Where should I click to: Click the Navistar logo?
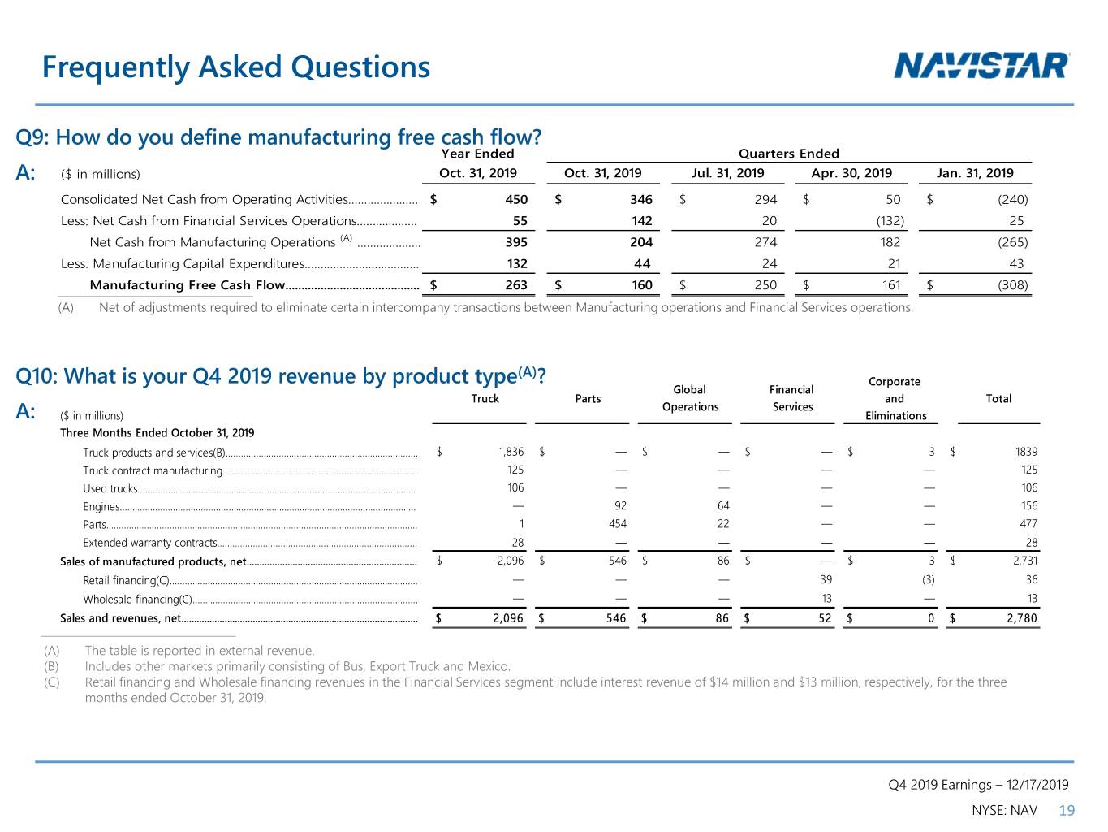coord(981,66)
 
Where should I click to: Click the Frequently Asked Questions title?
coord(235,67)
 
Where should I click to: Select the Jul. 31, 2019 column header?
coord(727,173)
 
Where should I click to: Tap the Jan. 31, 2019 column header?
coord(975,173)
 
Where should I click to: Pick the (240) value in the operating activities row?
coord(1012,200)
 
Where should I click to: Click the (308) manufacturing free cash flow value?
coord(1012,285)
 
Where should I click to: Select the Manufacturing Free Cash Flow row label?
coord(188,285)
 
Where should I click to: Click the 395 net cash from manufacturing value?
coord(516,242)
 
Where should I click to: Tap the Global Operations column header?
coord(690,398)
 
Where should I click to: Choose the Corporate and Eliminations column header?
coord(895,399)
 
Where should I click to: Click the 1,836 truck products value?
coord(511,452)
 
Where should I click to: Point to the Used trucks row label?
coord(110,488)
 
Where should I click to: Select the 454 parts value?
coord(618,524)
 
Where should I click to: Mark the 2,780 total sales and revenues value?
coord(1022,618)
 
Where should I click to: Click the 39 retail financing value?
coord(826,580)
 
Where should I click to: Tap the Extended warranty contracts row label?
coord(150,543)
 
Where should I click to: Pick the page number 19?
coord(1067,811)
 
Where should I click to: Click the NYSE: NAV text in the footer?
coord(1005,811)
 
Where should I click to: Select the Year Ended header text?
coord(477,154)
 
